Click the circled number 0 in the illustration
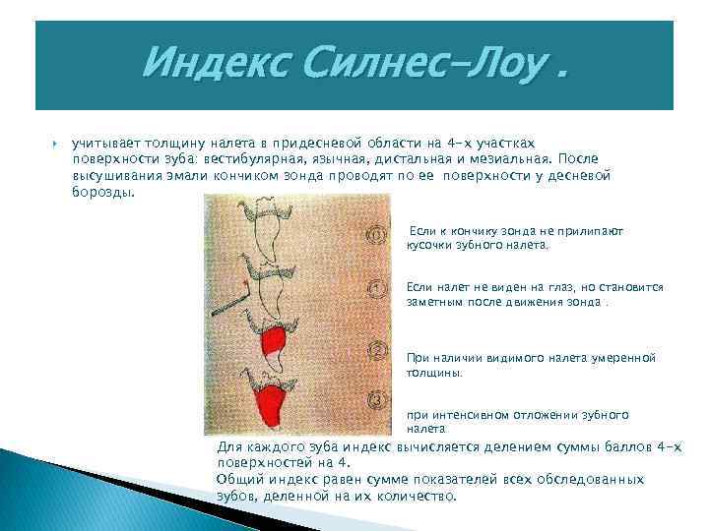pos(375,236)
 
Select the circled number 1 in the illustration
pos(375,288)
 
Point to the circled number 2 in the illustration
pos(375,348)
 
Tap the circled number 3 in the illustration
pos(375,400)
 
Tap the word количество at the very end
pos(419,496)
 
